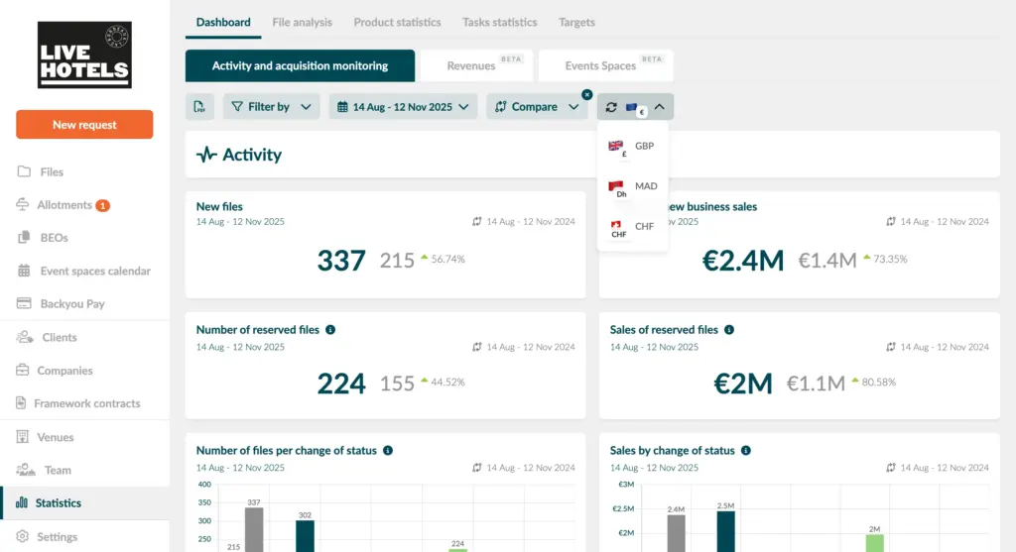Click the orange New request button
(x=84, y=125)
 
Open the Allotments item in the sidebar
(x=64, y=205)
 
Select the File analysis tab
(x=302, y=22)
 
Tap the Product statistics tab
(x=397, y=22)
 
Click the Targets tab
(x=576, y=22)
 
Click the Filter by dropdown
(x=271, y=107)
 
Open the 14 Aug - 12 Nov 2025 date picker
(x=403, y=107)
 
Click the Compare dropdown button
(x=537, y=107)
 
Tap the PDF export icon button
(x=200, y=107)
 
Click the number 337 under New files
(x=341, y=261)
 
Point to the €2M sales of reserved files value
(x=743, y=383)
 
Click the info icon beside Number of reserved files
(x=330, y=330)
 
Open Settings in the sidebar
(x=57, y=537)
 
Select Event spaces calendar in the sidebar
(x=95, y=272)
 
